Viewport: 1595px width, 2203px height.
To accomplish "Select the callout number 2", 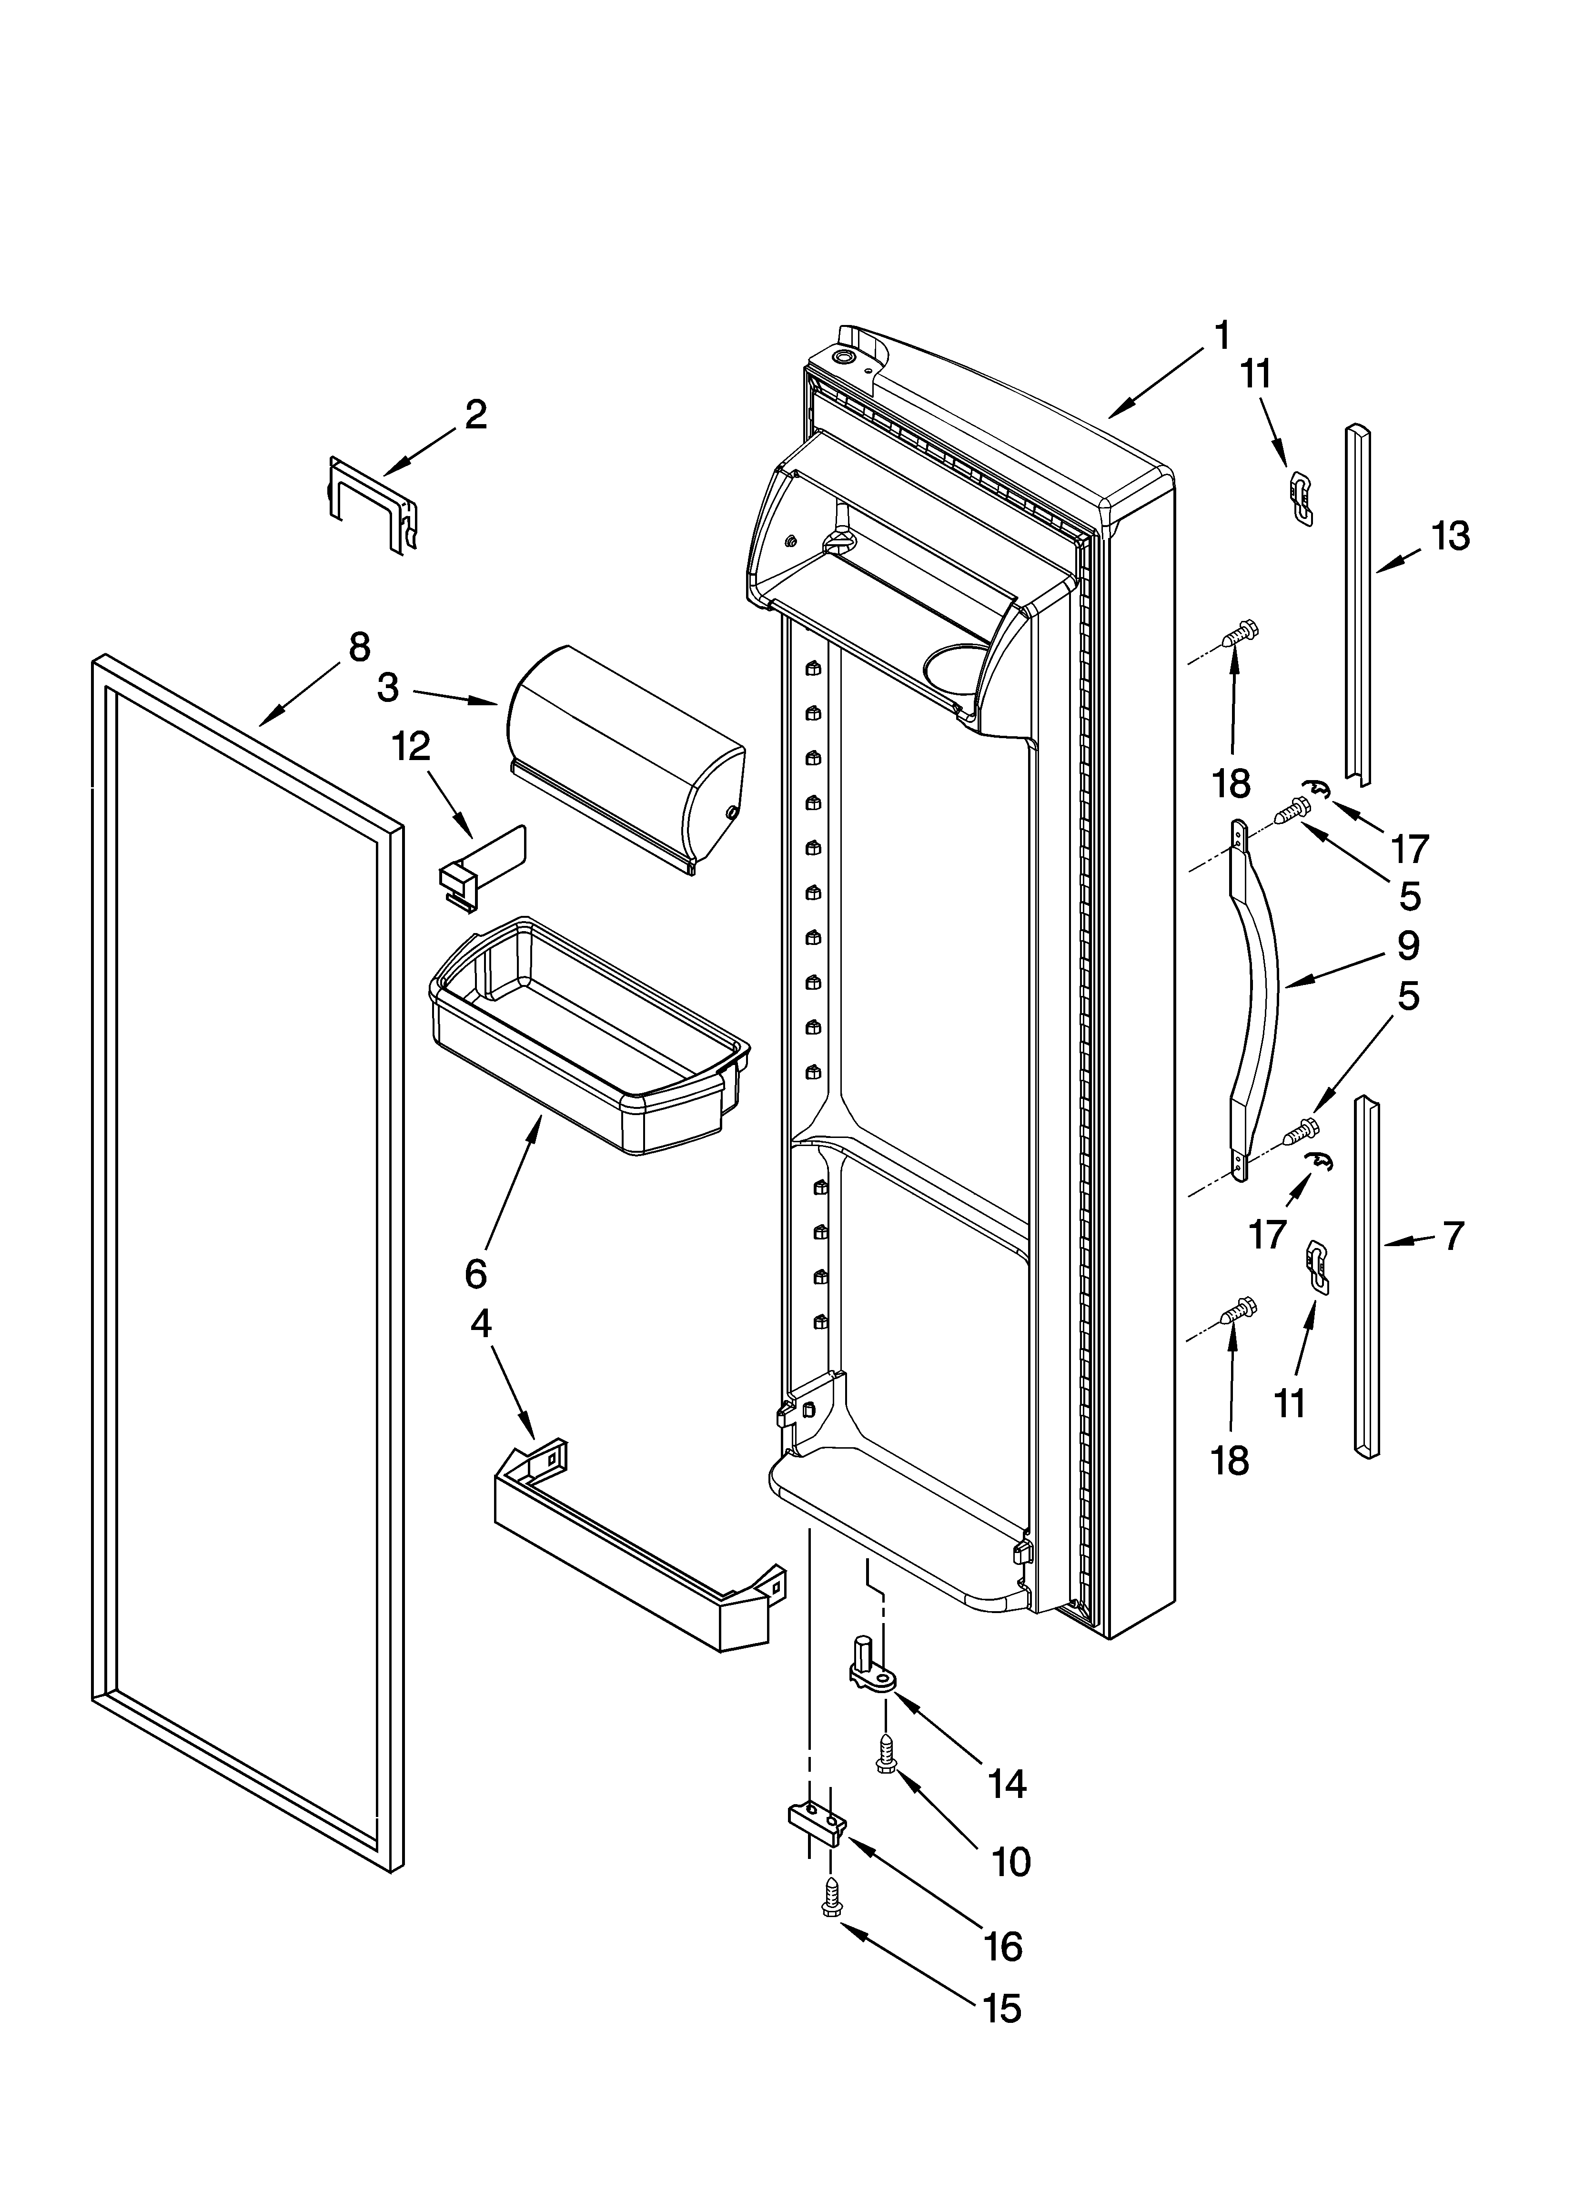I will [x=475, y=416].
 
